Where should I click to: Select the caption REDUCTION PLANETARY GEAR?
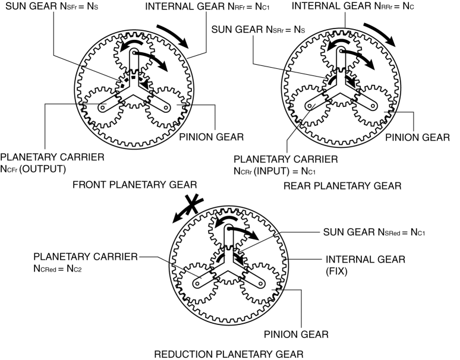[229, 354]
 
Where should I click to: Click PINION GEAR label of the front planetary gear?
[211, 137]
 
